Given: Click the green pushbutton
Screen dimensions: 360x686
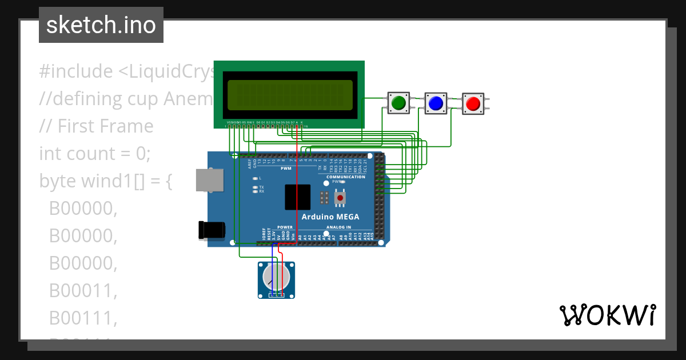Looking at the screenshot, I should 398,103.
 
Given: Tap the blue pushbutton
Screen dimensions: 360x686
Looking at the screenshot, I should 436,103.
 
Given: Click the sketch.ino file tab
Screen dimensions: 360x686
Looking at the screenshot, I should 101,25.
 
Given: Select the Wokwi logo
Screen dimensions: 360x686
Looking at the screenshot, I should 607,315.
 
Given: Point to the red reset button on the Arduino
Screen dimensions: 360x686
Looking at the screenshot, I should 340,198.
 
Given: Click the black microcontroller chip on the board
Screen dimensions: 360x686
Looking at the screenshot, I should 297,197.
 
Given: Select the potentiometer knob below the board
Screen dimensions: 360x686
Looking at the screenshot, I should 276,277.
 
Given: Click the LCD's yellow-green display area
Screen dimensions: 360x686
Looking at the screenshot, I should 290,95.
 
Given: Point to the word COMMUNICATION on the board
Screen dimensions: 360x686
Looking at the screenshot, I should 345,177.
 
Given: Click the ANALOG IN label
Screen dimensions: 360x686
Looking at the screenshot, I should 339,227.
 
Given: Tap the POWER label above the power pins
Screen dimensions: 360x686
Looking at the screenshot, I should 285,227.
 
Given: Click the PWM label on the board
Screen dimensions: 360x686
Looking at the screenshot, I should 286,169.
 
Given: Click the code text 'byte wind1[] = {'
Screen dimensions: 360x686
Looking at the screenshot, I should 105,181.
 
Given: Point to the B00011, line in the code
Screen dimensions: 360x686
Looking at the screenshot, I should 83,290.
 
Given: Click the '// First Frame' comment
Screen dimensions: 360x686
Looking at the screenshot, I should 96,126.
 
